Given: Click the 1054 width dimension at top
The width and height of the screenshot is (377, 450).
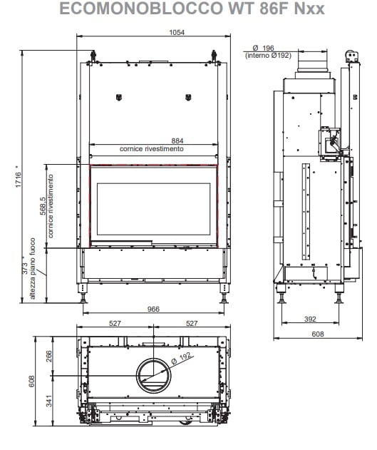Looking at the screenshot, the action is tap(177, 32).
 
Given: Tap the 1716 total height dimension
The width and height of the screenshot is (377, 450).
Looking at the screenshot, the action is tap(18, 180).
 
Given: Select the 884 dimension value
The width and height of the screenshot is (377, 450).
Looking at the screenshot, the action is tap(177, 140).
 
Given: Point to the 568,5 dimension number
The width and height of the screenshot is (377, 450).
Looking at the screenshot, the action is tap(43, 206).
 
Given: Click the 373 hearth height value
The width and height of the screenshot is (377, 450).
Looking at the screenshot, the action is tap(25, 268).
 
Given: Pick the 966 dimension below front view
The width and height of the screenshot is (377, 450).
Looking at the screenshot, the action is tap(153, 309).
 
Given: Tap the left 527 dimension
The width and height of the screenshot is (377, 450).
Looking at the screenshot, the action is tap(115, 324).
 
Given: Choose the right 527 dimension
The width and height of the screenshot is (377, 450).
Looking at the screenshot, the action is tap(192, 324).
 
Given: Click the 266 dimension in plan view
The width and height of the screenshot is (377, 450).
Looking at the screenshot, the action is tap(49, 356).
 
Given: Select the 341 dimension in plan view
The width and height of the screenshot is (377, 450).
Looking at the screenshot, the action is tap(49, 401).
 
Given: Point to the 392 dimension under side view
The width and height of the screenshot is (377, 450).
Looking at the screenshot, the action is tap(310, 319).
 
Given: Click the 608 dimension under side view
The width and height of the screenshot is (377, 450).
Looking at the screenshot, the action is tap(318, 334).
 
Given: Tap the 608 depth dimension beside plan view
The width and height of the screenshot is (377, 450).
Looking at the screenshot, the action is tap(31, 381).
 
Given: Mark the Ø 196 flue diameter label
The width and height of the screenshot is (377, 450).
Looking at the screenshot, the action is tap(264, 48).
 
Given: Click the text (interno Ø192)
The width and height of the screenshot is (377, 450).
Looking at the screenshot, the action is tap(268, 55).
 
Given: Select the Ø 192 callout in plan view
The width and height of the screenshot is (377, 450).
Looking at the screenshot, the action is tap(181, 359).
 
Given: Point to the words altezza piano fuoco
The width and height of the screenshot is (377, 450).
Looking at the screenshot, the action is tap(33, 268).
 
